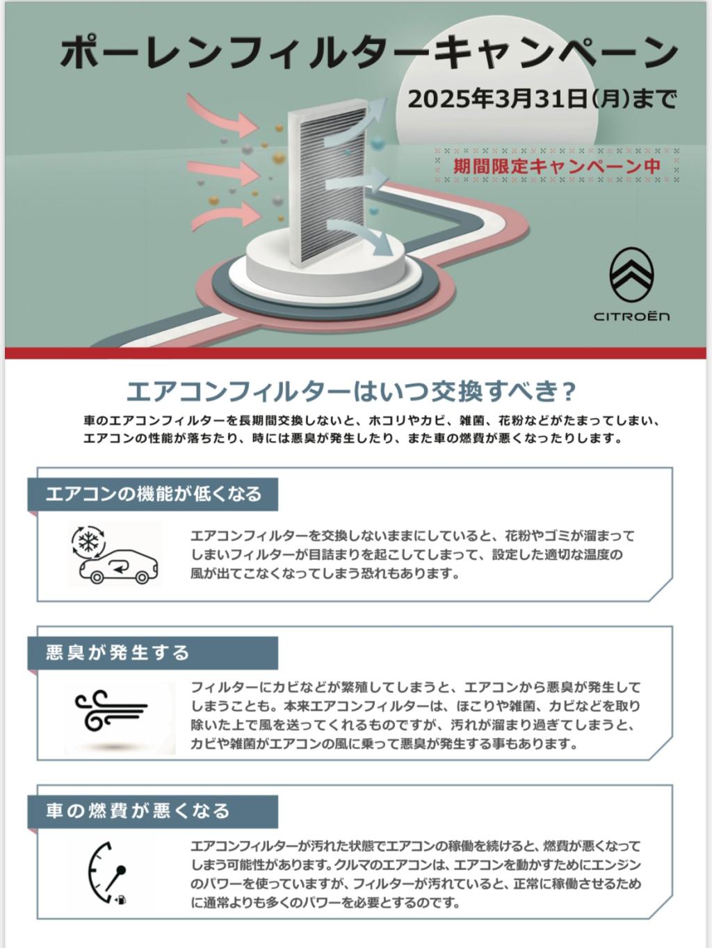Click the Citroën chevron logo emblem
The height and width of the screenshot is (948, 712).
(x=631, y=275)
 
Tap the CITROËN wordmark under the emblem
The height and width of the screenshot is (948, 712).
(x=631, y=316)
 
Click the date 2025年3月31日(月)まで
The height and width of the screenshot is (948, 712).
(x=542, y=99)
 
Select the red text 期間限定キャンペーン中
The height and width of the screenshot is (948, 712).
(x=557, y=166)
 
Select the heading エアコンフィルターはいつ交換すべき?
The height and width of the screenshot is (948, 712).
(x=350, y=392)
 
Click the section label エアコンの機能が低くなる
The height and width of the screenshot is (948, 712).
(x=154, y=494)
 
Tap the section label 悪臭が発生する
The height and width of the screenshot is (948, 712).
(x=118, y=652)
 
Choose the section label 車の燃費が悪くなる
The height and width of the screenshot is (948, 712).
(x=138, y=811)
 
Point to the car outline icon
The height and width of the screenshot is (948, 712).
(x=119, y=566)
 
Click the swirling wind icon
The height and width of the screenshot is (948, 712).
(x=111, y=709)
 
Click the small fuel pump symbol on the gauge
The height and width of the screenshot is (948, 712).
(x=120, y=900)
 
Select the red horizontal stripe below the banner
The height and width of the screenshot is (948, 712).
(x=356, y=353)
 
